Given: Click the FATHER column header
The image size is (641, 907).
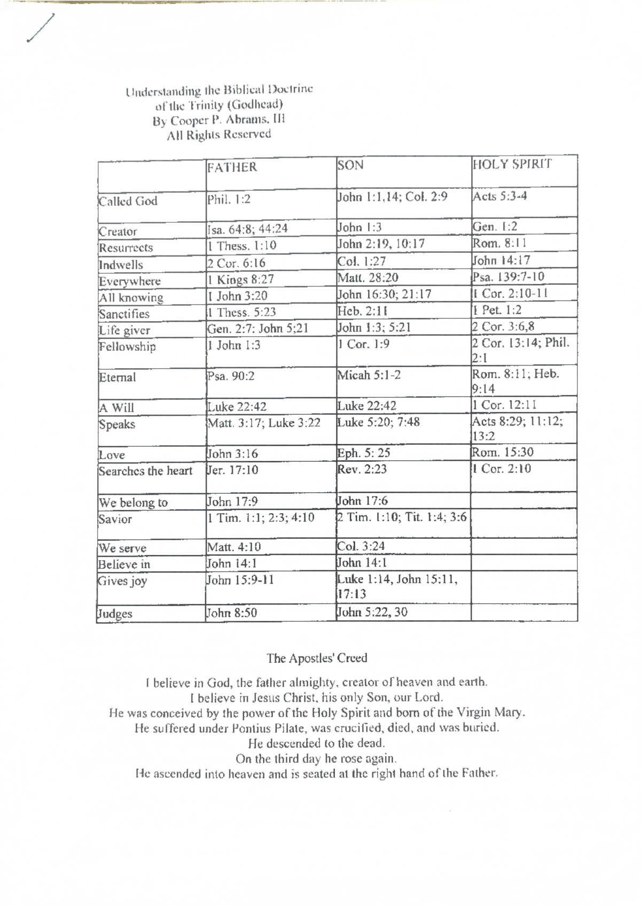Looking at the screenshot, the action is point(232,167).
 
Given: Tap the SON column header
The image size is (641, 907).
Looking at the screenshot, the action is point(350,165).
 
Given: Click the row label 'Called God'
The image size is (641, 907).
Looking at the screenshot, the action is point(128,201).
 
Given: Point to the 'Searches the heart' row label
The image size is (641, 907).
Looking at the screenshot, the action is point(145,471).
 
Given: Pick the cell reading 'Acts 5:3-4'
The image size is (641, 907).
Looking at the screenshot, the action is point(500,196).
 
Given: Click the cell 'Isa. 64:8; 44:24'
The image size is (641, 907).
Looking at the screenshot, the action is point(248,229).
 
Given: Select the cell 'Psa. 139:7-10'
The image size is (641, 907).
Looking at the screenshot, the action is point(509,277).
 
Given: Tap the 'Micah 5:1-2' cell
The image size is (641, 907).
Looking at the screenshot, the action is point(369,375).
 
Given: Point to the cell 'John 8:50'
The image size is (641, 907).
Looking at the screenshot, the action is point(232,613).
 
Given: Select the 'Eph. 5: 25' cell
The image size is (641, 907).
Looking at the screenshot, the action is point(364,453).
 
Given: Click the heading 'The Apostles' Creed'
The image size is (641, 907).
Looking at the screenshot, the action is point(317,658).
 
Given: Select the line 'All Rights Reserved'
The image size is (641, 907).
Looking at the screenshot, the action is point(219,135).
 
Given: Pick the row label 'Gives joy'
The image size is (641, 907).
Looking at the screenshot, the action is point(122,581).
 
